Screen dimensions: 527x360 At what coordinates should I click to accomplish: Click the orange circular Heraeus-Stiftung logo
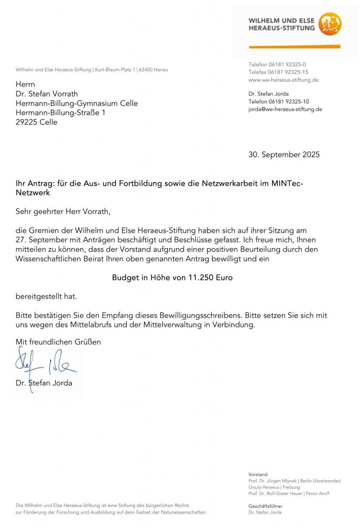click(330, 24)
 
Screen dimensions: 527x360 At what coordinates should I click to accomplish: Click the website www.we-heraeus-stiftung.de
click(283, 80)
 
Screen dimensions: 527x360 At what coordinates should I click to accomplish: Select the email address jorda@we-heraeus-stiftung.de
click(285, 109)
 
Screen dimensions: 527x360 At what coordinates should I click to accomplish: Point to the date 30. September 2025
click(284, 154)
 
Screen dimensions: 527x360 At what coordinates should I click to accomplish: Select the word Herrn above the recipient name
click(26, 84)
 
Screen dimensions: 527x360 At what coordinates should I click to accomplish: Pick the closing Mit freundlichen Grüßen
click(58, 342)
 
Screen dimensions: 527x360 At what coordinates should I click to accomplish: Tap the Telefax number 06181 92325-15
click(292, 72)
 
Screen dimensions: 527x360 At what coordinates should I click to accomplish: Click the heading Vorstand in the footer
click(258, 475)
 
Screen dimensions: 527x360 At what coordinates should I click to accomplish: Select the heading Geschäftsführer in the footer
click(265, 506)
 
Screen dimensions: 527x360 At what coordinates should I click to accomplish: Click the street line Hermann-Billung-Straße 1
click(60, 112)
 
